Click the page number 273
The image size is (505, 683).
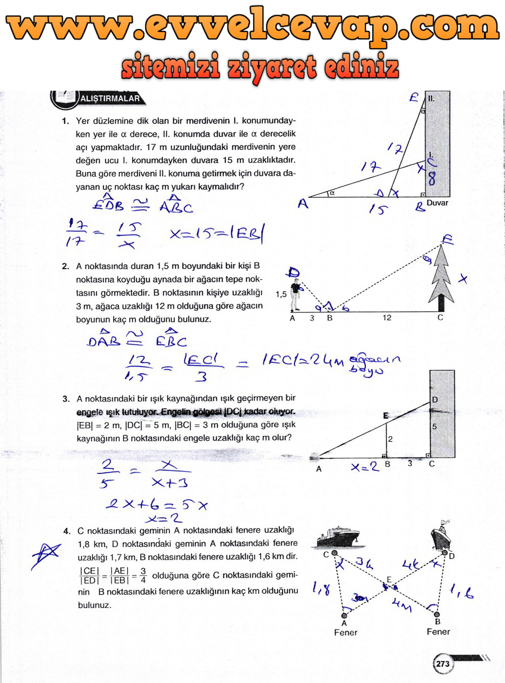tap(443, 663)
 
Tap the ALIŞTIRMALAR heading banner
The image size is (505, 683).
tap(110, 98)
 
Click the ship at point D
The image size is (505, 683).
tap(441, 535)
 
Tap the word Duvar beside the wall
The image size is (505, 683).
tap(437, 203)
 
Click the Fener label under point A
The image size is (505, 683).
tap(345, 633)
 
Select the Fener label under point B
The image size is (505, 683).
tap(438, 632)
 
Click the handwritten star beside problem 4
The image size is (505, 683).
tap(45, 554)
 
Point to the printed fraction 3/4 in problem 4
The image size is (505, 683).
tap(143, 575)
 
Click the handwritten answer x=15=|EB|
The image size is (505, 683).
tap(217, 233)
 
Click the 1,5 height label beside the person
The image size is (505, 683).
tap(281, 294)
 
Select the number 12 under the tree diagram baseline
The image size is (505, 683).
tap(387, 318)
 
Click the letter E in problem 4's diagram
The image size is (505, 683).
tap(389, 580)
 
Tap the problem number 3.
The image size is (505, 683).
tap(66, 399)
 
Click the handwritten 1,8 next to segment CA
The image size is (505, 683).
tap(321, 589)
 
